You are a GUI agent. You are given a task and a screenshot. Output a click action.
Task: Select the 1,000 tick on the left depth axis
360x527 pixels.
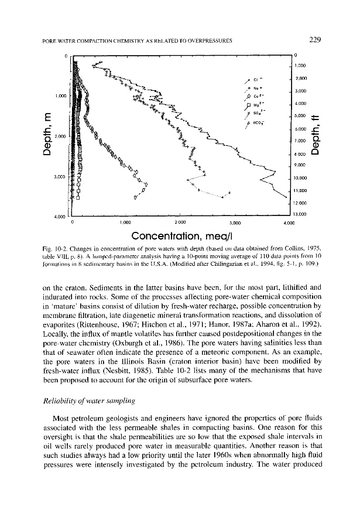[60, 95]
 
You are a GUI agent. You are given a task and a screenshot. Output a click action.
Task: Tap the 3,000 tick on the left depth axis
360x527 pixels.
[60, 176]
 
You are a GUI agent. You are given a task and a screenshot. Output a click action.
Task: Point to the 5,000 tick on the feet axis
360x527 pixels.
[301, 116]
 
